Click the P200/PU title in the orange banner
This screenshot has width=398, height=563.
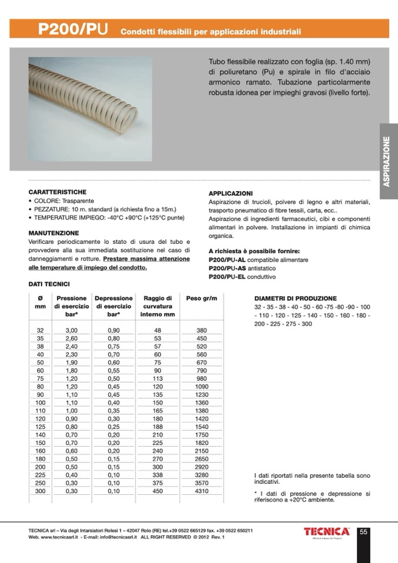pyautogui.click(x=73, y=29)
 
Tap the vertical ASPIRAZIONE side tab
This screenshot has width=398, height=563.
pyautogui.click(x=388, y=161)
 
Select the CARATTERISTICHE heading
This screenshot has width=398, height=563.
pyautogui.click(x=58, y=192)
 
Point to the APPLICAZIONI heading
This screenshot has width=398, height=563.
pyautogui.click(x=230, y=193)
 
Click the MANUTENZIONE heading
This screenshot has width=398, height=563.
pyautogui.click(x=53, y=233)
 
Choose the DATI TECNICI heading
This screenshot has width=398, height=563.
pyautogui.click(x=49, y=284)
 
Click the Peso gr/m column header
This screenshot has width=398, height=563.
pyautogui.click(x=202, y=299)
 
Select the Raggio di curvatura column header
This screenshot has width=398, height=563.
pyautogui.click(x=158, y=306)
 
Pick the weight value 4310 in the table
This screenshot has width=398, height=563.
pyautogui.click(x=202, y=491)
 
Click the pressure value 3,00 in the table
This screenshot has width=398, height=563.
pyautogui.click(x=71, y=330)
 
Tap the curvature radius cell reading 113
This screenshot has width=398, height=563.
pyautogui.click(x=158, y=379)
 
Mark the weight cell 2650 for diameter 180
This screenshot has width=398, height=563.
pyautogui.click(x=202, y=458)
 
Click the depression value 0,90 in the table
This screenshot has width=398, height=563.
pyautogui.click(x=113, y=330)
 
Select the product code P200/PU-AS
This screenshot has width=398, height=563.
pyautogui.click(x=225, y=267)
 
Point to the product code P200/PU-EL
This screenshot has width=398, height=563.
pyautogui.click(x=225, y=276)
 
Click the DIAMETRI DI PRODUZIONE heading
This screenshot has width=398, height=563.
pyautogui.click(x=295, y=299)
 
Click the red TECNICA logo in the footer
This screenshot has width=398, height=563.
pyautogui.click(x=327, y=532)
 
